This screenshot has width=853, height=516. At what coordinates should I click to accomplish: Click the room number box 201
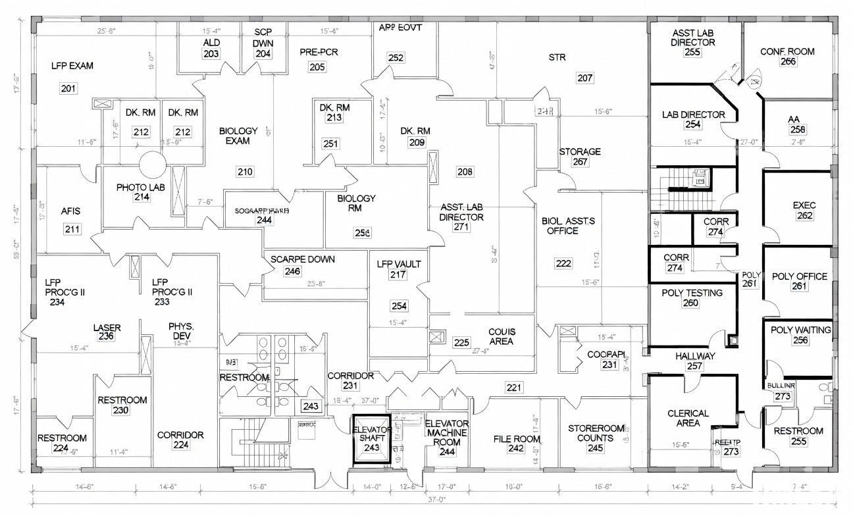point(68,89)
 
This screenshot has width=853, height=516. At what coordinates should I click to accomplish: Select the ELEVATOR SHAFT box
point(372,438)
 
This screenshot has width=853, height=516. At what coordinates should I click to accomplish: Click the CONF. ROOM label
point(787,51)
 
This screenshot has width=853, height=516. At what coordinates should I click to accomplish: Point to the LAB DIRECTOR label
point(693,115)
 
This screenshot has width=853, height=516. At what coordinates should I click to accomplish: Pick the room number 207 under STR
point(584,78)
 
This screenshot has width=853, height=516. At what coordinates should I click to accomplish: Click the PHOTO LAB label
point(141,188)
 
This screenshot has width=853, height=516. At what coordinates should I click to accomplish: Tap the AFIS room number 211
point(72,229)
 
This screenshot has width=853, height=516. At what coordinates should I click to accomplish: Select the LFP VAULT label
point(398,264)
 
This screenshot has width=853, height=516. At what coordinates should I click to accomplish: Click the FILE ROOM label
point(517,439)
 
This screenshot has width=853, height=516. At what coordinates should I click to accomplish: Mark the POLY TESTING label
point(692,293)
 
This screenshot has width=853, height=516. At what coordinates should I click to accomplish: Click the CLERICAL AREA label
point(688,418)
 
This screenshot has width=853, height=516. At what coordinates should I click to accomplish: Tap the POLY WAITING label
point(800,330)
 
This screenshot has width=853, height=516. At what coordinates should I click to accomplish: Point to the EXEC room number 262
point(804,216)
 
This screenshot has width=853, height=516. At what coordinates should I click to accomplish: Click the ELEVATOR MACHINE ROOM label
point(447,432)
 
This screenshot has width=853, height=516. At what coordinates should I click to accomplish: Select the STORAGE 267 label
point(580,152)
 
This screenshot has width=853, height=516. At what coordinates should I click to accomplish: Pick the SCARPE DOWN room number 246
point(293,271)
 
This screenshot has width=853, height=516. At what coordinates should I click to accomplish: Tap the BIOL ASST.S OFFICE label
point(568,226)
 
